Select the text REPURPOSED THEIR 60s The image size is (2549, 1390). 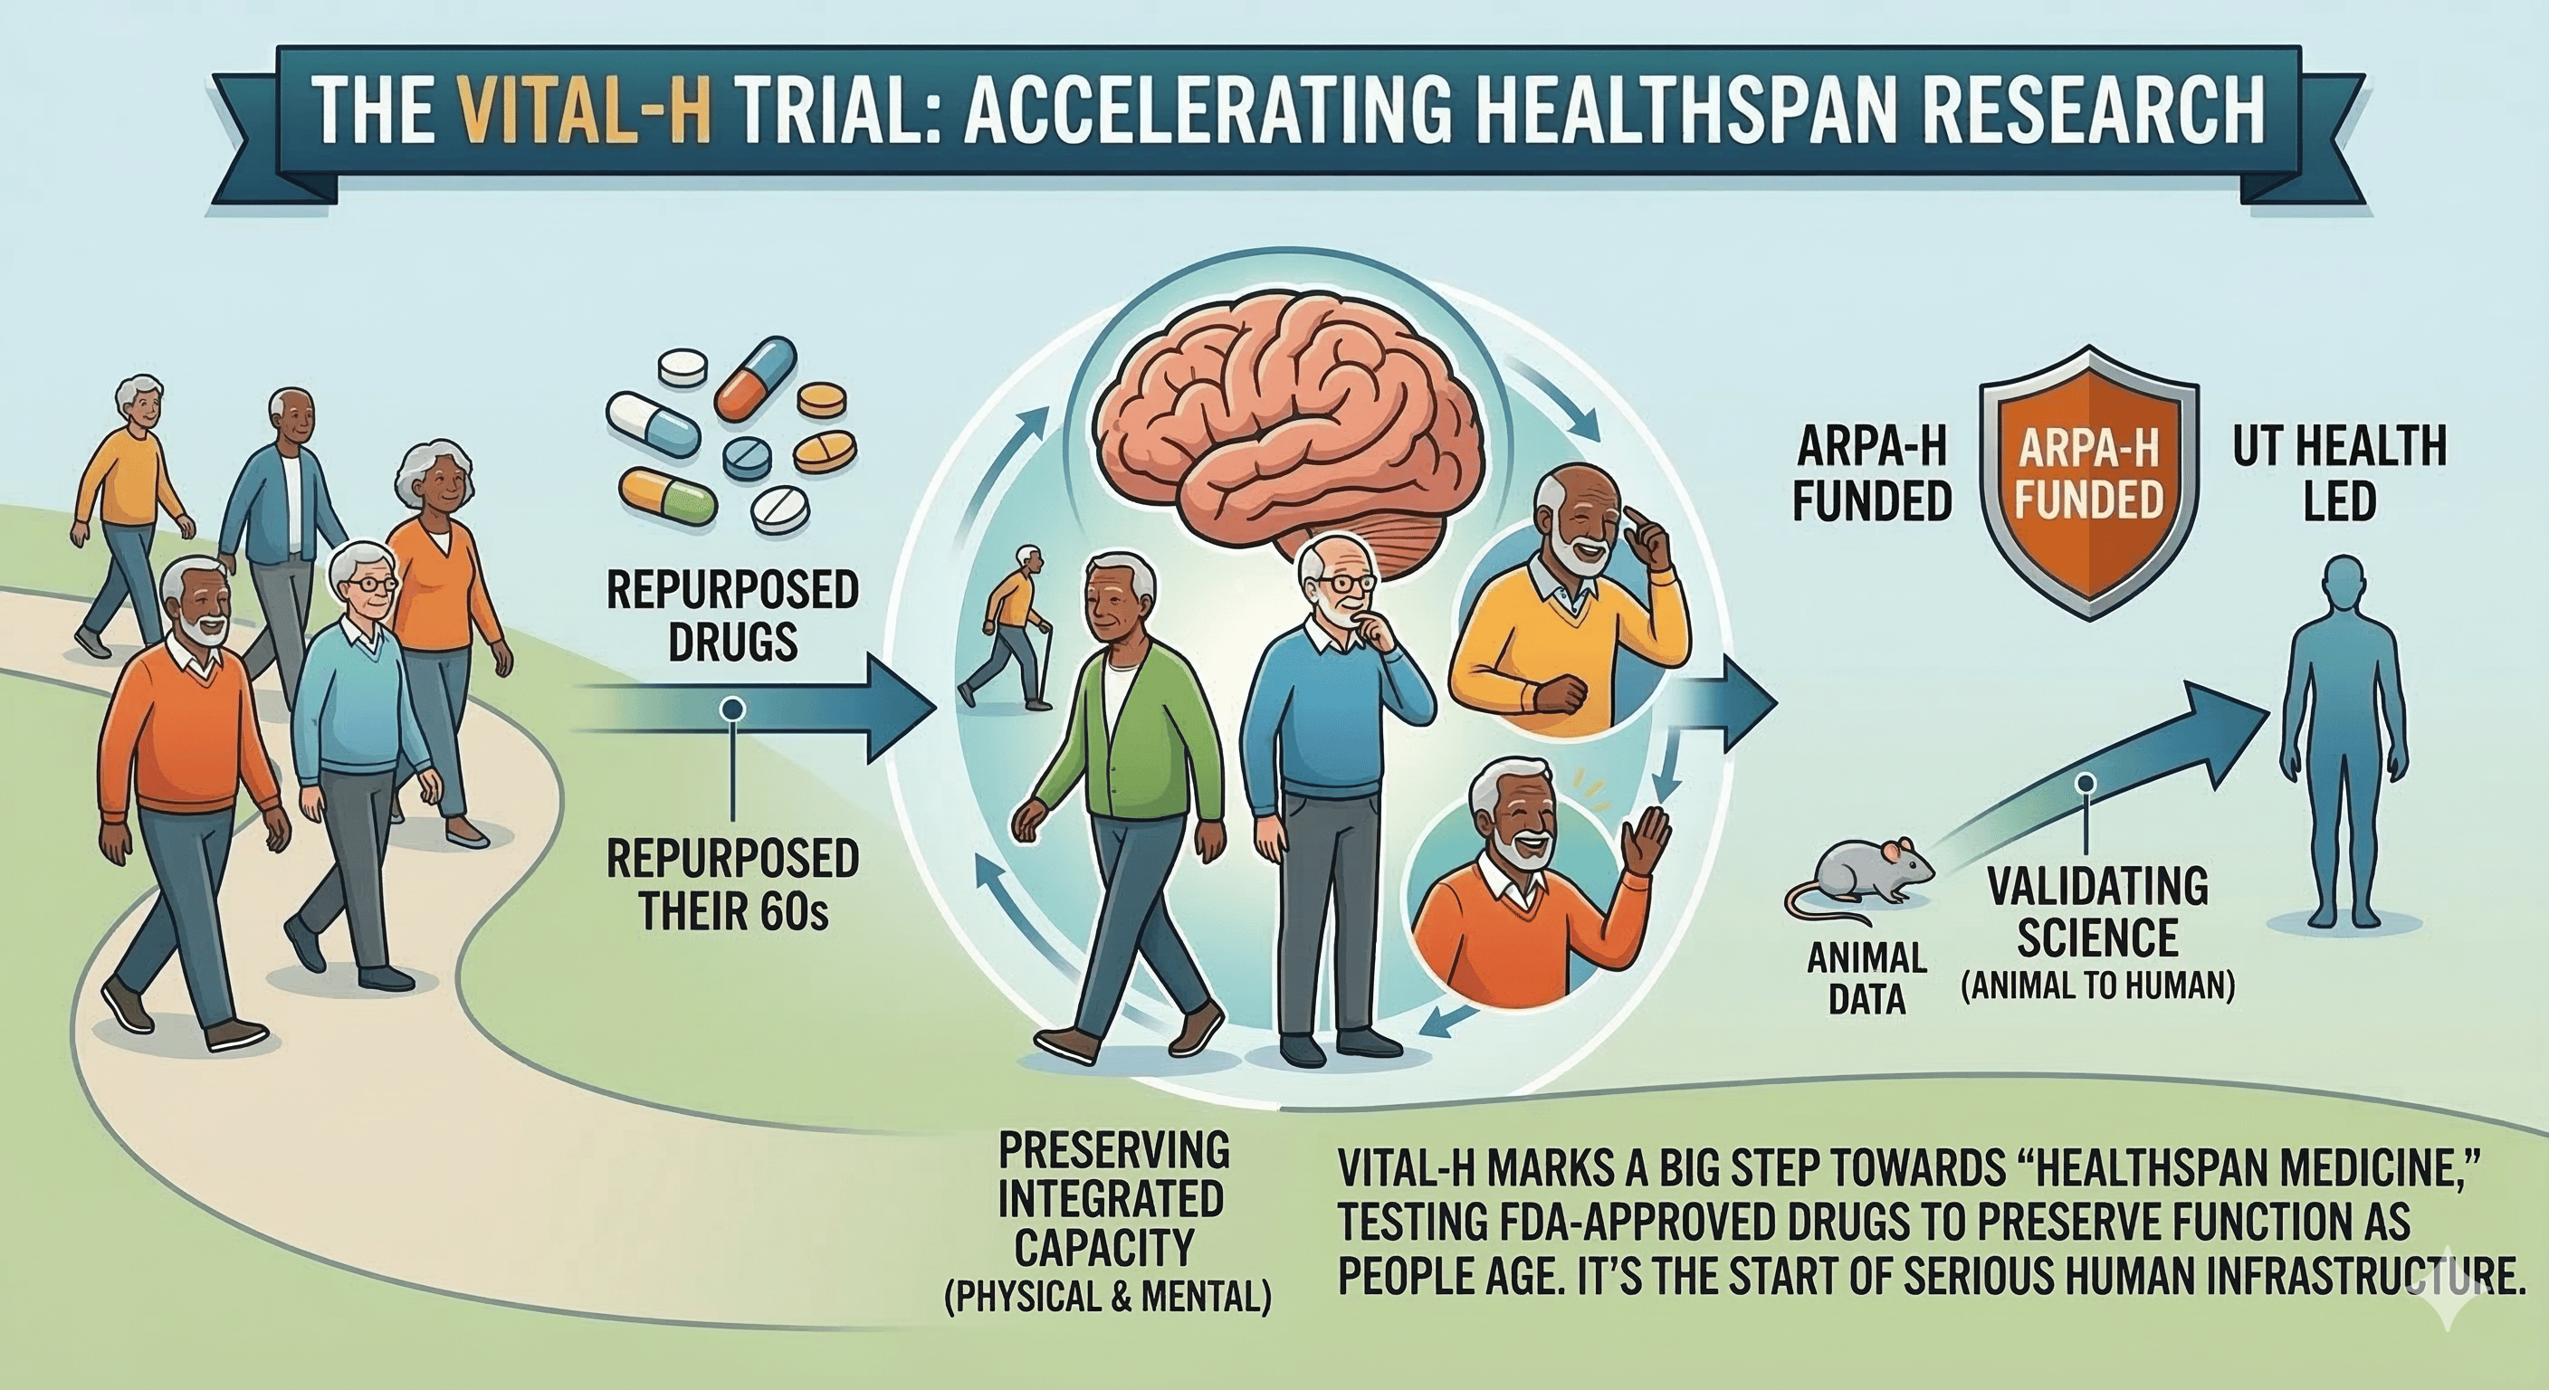tap(732, 885)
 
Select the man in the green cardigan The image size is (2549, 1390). tap(1118, 792)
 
